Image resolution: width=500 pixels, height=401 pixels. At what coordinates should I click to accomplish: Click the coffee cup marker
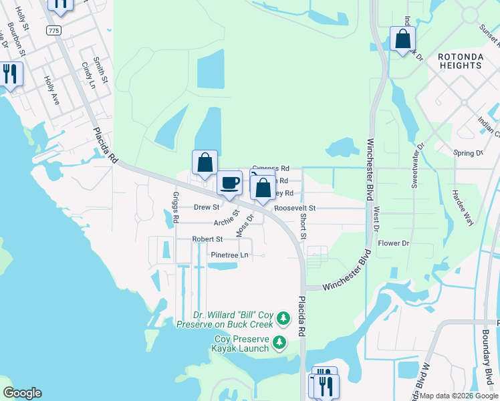click(x=229, y=183)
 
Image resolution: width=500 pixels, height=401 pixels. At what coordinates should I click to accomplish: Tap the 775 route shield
click(x=53, y=31)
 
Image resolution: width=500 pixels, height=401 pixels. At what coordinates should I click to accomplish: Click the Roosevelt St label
click(x=294, y=209)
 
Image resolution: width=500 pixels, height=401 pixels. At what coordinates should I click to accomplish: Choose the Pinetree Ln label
click(x=229, y=255)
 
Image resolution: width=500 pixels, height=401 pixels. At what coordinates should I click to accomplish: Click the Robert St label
click(x=207, y=239)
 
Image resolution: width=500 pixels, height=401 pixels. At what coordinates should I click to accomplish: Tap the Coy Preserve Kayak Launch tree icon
click(x=279, y=344)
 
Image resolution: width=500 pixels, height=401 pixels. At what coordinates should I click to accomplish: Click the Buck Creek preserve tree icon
click(x=283, y=318)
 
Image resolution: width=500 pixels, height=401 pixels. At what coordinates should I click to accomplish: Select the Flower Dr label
click(x=393, y=243)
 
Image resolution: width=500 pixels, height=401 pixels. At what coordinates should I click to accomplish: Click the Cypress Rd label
click(x=271, y=168)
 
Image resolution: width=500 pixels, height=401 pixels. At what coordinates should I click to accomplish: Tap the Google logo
click(x=22, y=393)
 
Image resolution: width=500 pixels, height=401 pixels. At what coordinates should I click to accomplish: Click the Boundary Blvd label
click(x=488, y=374)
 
